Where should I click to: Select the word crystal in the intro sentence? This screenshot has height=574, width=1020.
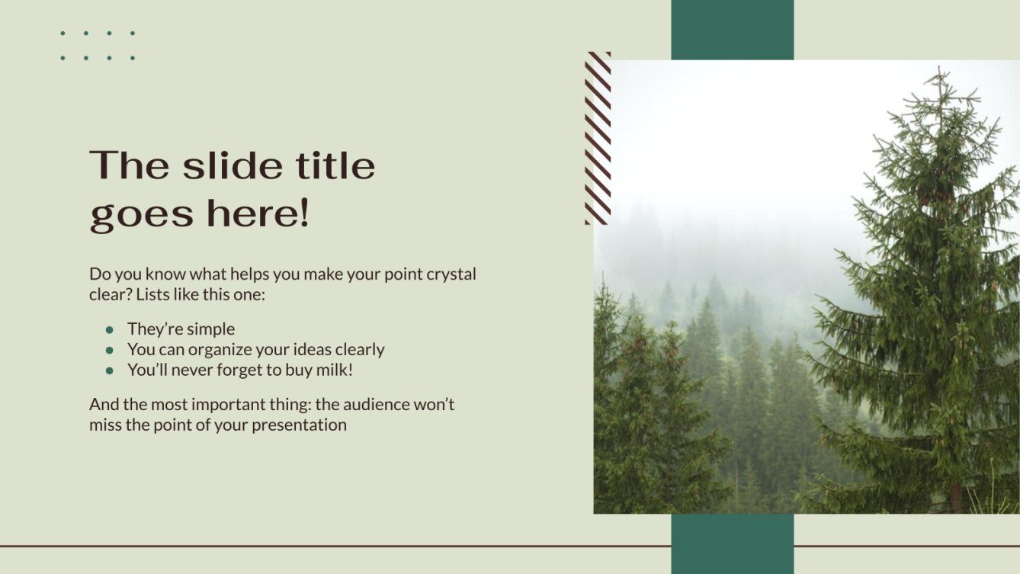pos(452,274)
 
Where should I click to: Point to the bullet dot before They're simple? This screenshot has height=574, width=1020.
pos(110,330)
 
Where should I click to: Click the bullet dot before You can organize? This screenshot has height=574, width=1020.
pos(110,350)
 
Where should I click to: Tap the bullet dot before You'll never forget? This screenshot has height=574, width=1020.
pos(110,370)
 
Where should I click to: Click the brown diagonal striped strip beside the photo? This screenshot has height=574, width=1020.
pos(598,138)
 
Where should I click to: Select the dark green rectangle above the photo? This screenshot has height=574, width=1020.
pos(732,30)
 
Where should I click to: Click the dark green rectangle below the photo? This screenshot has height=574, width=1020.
pos(732,544)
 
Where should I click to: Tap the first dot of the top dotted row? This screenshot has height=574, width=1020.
pos(63,34)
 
